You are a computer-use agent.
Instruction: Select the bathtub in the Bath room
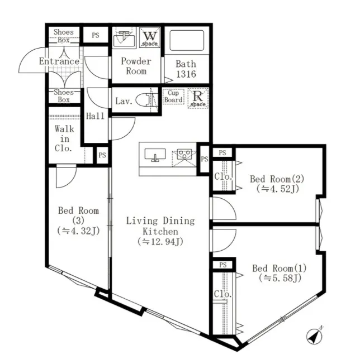click(x=187, y=40)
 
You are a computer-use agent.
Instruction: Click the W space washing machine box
click(x=150, y=37)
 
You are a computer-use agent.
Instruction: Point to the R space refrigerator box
click(x=198, y=98)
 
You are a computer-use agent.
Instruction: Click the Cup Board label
click(x=173, y=97)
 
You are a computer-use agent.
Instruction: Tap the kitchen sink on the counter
click(x=155, y=155)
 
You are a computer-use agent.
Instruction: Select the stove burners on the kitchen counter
click(x=184, y=154)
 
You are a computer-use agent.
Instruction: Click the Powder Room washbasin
click(x=124, y=39)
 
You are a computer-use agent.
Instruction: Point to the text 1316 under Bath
click(x=186, y=74)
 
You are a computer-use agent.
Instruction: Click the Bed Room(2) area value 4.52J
click(x=277, y=189)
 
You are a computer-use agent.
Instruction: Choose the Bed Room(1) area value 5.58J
click(x=280, y=278)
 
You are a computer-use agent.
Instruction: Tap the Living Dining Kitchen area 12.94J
click(x=160, y=242)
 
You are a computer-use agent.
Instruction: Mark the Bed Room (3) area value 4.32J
click(x=79, y=231)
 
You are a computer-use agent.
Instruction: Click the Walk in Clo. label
click(x=64, y=138)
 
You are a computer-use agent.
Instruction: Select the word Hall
click(x=95, y=116)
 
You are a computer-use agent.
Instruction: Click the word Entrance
click(x=59, y=61)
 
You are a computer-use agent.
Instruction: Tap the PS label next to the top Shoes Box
click(x=96, y=35)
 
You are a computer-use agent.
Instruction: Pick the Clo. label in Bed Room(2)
click(x=223, y=177)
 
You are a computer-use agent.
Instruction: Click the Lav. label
click(x=124, y=101)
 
